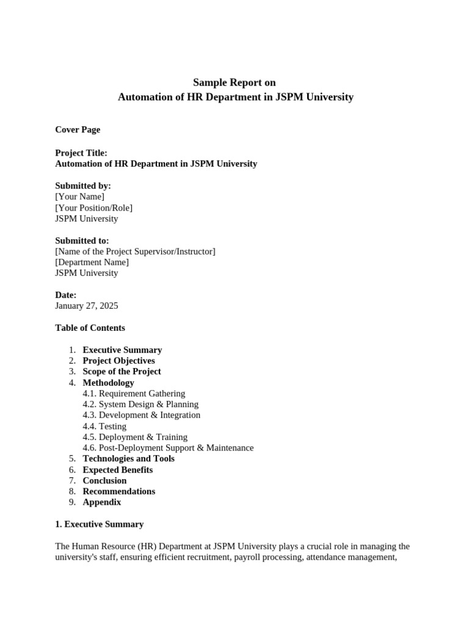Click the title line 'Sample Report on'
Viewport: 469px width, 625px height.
(234, 82)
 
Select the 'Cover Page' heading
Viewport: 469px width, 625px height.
(78, 129)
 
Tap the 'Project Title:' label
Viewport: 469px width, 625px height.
(81, 153)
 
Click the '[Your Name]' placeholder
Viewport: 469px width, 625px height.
(79, 197)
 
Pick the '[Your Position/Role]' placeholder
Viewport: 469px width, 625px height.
(93, 208)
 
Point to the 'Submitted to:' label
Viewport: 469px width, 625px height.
(82, 240)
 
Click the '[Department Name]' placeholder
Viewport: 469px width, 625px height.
(92, 262)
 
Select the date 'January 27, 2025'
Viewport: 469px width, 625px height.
(87, 306)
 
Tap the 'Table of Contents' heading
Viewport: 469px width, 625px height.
(90, 328)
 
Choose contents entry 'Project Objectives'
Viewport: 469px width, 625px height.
(118, 361)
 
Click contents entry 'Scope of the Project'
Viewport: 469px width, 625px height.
(122, 372)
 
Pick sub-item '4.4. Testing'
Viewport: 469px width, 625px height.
(104, 426)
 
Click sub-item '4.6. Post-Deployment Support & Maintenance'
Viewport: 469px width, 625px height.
(168, 448)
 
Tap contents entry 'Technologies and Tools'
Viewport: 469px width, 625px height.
(128, 458)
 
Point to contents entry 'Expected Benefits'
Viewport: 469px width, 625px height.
(117, 470)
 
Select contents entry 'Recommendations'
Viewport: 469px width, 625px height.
(118, 491)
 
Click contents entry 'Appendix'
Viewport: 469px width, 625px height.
(101, 502)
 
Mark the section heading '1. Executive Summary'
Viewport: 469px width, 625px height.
(99, 524)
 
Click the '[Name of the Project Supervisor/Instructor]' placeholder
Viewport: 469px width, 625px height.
(135, 251)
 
